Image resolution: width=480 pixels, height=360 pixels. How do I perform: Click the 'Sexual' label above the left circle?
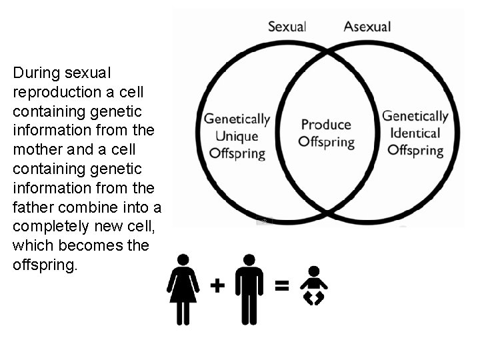pyautogui.click(x=287, y=27)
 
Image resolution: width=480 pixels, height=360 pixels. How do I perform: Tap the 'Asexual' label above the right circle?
pyautogui.click(x=367, y=27)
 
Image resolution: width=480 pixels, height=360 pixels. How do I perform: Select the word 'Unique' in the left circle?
pyautogui.click(x=237, y=136)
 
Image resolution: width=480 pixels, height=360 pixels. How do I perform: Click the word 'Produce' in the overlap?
pyautogui.click(x=326, y=125)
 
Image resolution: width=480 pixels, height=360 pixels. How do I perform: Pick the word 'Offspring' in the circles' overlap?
pyautogui.click(x=326, y=142)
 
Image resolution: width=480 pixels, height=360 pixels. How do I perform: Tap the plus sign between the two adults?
pyautogui.click(x=217, y=286)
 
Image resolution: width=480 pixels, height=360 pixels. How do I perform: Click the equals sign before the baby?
pyautogui.click(x=282, y=286)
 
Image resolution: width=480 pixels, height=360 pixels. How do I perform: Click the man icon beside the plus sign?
pyautogui.click(x=249, y=289)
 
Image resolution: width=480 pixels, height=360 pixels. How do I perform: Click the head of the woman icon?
pyautogui.click(x=183, y=259)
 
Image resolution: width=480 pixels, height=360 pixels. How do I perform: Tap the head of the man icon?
pyautogui.click(x=249, y=259)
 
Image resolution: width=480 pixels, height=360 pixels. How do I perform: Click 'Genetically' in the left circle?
pyautogui.click(x=237, y=120)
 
